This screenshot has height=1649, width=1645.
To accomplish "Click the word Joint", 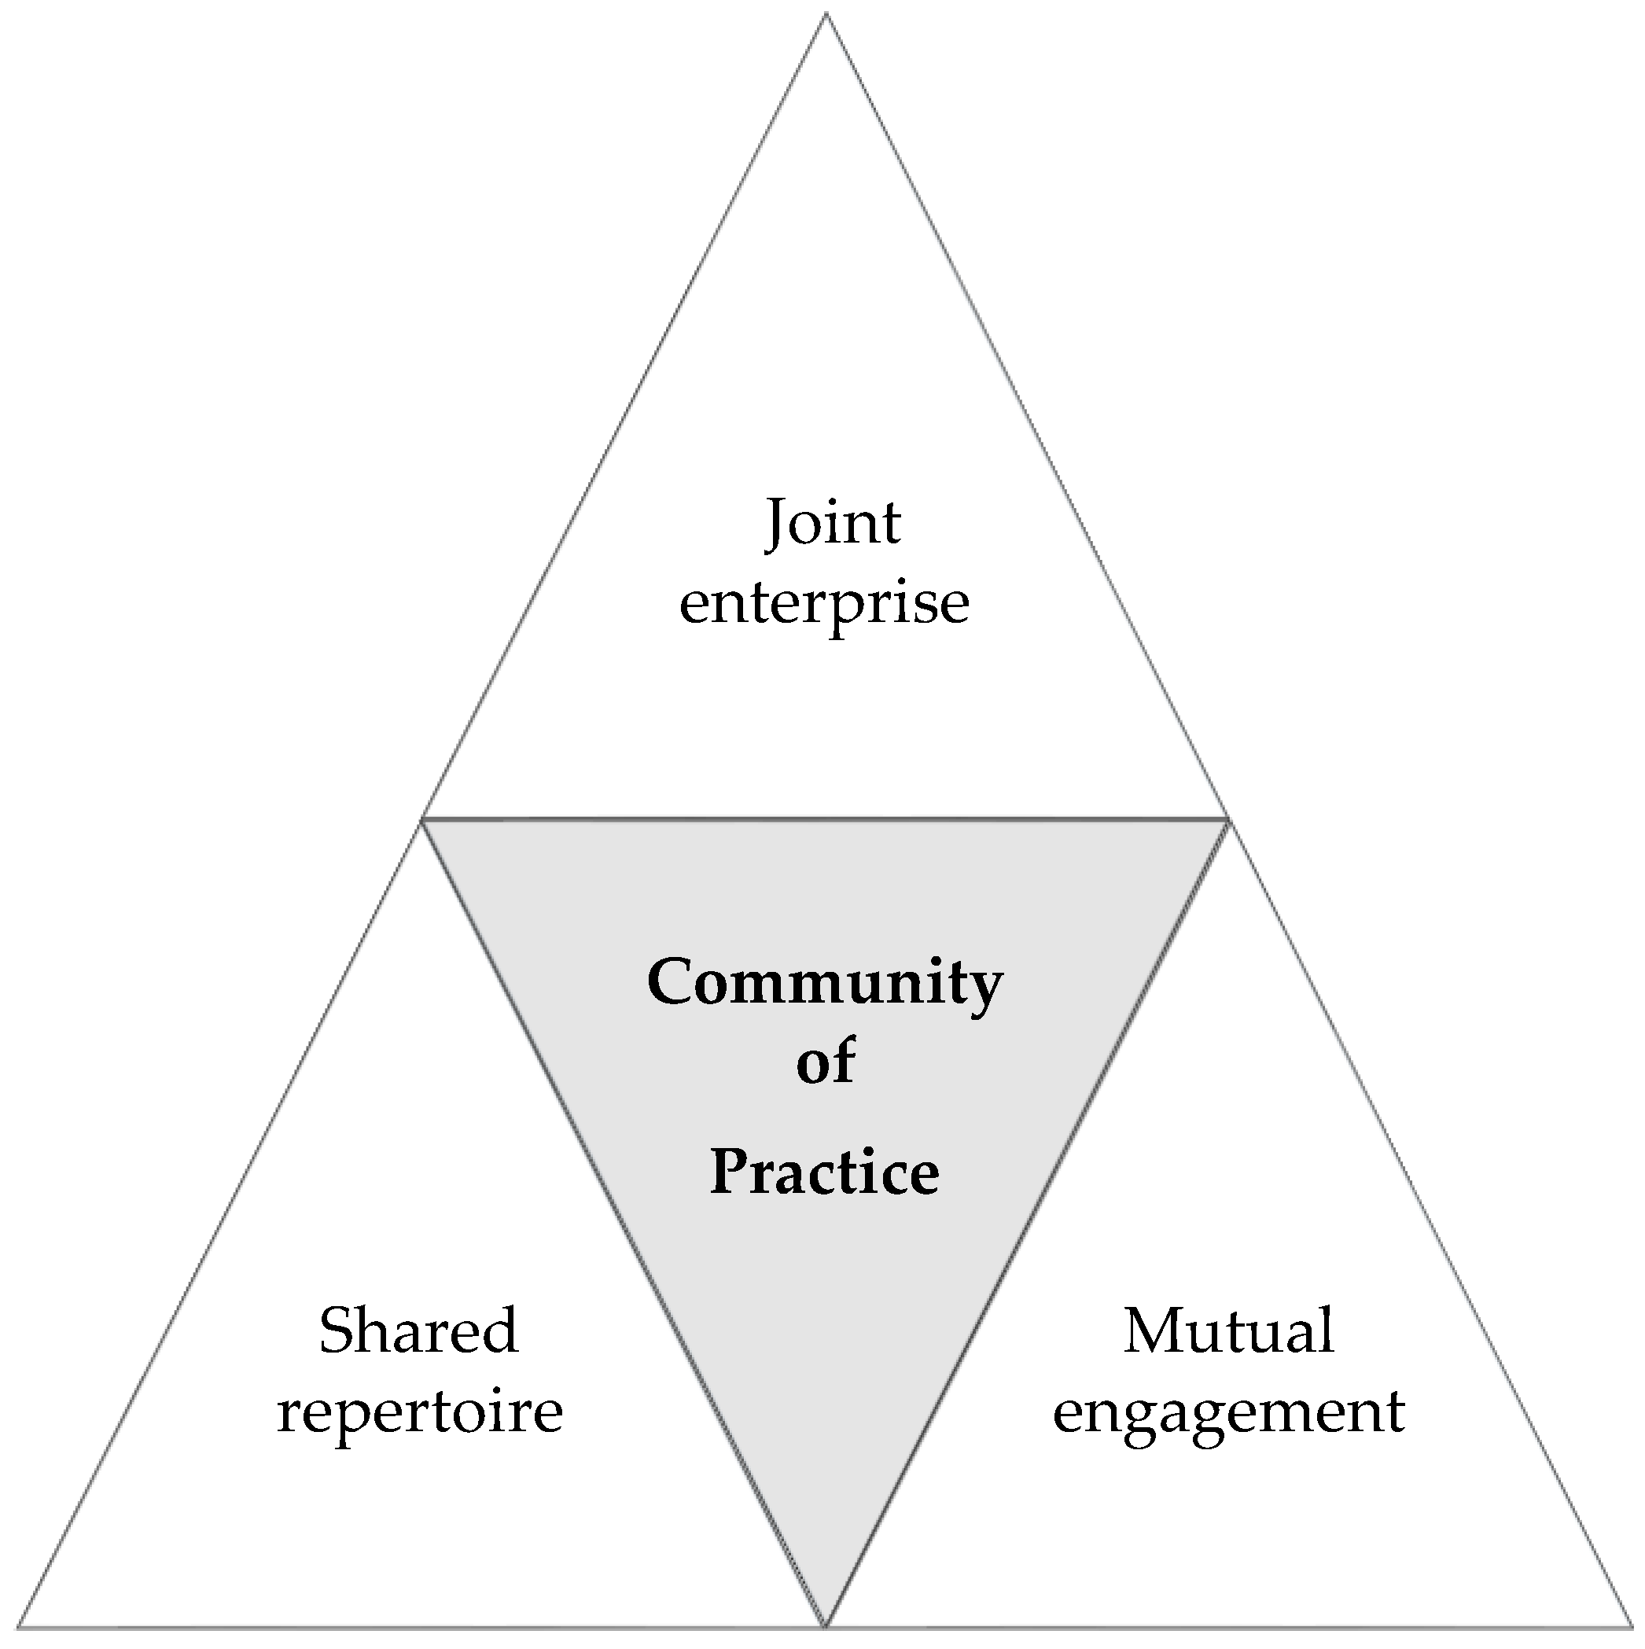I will (832, 521).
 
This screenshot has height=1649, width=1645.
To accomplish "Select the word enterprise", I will (824, 603).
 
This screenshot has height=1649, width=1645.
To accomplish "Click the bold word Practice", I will (825, 1171).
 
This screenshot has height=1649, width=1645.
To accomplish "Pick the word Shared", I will (418, 1330).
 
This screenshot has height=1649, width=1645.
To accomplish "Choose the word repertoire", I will (419, 1411).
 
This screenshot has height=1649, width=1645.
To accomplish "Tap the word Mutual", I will (1228, 1330).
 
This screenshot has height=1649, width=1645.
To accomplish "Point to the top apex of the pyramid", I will (826, 14).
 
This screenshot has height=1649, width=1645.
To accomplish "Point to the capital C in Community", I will (669, 981).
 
